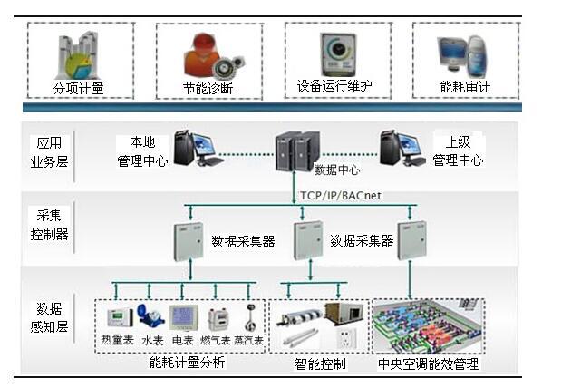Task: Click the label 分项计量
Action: (79, 89)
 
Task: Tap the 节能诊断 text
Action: (208, 89)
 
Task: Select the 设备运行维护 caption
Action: (334, 87)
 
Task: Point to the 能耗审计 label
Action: (465, 88)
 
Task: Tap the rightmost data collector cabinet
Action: (411, 238)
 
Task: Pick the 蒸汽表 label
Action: (247, 342)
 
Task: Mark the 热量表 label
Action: (117, 342)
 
